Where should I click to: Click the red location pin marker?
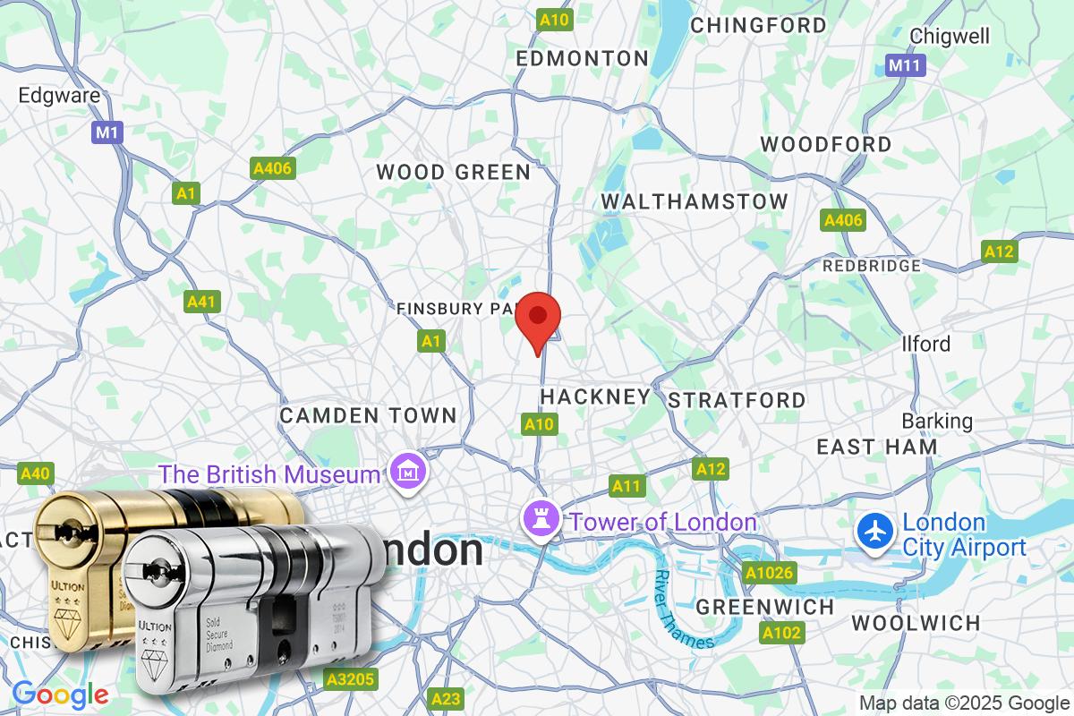539,320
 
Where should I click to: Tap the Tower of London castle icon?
542,517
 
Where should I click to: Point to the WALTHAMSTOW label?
695,201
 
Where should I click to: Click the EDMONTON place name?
583,59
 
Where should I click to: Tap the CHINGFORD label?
759,25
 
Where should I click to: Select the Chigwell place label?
950,36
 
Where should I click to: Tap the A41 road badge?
202,302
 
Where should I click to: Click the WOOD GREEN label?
453,172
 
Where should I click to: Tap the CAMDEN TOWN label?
368,415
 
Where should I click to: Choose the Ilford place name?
926,344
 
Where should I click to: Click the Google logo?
60,694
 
